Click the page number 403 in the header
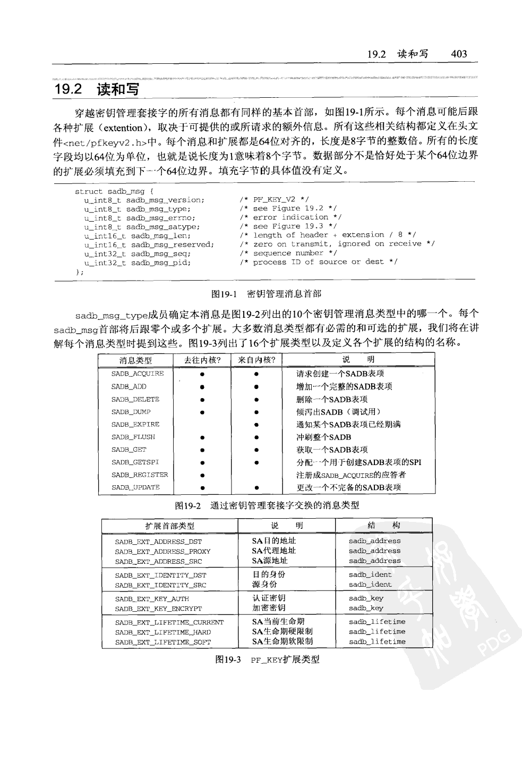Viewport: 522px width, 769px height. tap(458, 54)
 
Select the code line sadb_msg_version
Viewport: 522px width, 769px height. tap(144, 200)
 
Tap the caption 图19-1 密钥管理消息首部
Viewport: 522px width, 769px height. tap(266, 293)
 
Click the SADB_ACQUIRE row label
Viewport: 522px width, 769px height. tap(138, 374)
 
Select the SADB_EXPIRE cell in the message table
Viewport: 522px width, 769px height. tap(135, 425)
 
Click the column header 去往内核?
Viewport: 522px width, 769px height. tap(202, 360)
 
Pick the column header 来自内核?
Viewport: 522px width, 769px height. tap(256, 360)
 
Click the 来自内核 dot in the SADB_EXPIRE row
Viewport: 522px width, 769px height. tap(256, 425)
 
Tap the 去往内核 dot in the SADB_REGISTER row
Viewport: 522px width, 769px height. tap(202, 475)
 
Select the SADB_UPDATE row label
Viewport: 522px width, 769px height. tap(135, 487)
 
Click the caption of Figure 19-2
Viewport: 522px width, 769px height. tap(267, 505)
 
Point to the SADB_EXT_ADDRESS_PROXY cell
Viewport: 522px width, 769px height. tap(162, 552)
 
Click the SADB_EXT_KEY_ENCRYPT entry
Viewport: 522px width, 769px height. tap(158, 609)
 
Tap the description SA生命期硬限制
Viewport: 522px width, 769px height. tap(282, 631)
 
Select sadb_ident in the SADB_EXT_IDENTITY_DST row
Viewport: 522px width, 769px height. tap(370, 574)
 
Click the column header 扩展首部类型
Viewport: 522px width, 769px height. tap(170, 526)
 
